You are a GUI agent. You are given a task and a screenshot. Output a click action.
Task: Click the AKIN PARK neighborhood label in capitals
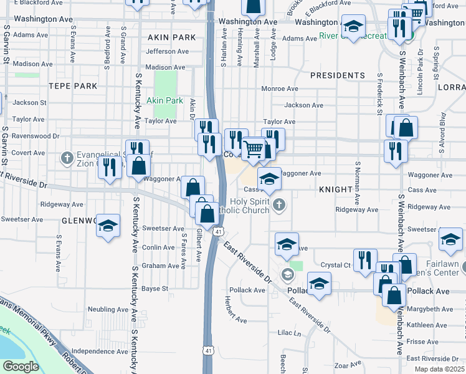pyautogui.click(x=168, y=37)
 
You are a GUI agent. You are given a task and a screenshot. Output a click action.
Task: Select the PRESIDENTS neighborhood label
pyautogui.click(x=338, y=75)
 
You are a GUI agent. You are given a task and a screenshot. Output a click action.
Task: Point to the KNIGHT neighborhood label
pyautogui.click(x=336, y=188)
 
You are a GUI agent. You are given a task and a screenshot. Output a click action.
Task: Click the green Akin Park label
pyautogui.click(x=164, y=100)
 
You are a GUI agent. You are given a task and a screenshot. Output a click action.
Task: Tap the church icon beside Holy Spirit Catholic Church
pyautogui.click(x=280, y=204)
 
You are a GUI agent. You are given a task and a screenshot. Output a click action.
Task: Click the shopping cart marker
pyautogui.click(x=254, y=149)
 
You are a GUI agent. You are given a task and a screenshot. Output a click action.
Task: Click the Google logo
pyautogui.click(x=20, y=367)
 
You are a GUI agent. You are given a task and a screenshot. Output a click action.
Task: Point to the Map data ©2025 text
pyautogui.click(x=439, y=369)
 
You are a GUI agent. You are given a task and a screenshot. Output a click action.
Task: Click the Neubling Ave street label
pyautogui.click(x=108, y=309)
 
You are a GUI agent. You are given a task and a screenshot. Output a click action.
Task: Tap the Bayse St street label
pyautogui.click(x=155, y=289)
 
